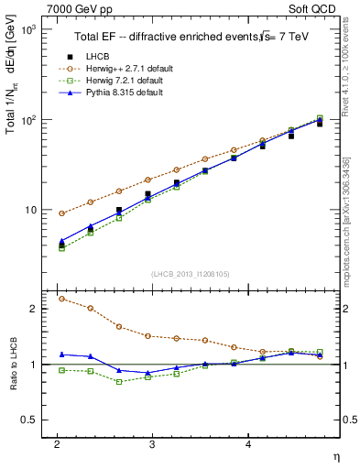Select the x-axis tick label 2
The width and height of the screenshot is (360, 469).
click(x=57, y=443)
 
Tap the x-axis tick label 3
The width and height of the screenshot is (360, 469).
click(x=153, y=443)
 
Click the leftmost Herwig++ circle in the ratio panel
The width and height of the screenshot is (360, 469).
click(x=61, y=299)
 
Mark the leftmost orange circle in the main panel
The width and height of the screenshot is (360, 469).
click(x=61, y=213)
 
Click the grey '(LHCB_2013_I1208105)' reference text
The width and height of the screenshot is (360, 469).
click(x=191, y=274)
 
